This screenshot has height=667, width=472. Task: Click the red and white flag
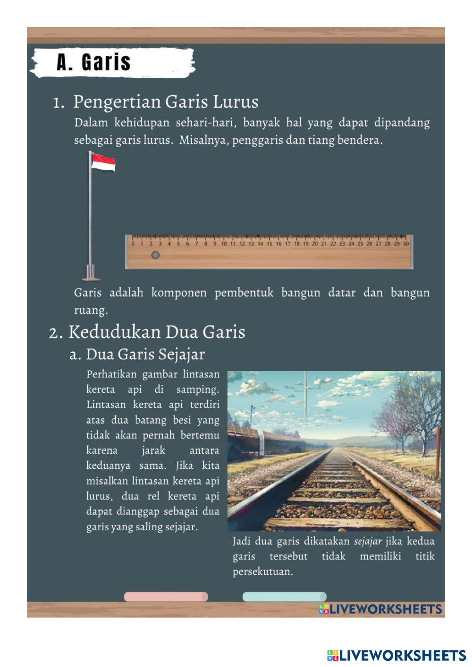103,162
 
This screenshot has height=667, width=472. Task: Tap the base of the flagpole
91,273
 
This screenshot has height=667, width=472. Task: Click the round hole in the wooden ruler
155,255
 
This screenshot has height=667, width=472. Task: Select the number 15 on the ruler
269,244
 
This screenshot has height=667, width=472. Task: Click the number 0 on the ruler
133,244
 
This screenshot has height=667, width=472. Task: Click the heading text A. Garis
93,62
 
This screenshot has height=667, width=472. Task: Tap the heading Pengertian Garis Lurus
166,102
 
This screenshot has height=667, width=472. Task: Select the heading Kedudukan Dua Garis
157,332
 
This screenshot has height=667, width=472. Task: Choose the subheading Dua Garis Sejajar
145,354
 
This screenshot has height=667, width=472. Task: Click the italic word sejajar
368,541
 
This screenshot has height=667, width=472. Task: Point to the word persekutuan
262,572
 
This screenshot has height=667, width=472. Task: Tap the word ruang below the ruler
91,310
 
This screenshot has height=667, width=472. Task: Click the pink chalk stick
166,597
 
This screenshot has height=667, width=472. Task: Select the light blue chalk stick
284,597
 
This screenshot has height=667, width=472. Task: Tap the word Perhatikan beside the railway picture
111,375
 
